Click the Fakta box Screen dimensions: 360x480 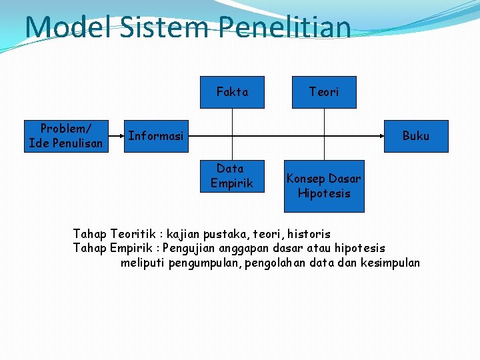coord(232,92)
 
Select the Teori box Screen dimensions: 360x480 coord(323,92)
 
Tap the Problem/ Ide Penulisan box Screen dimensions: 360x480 coord(66,136)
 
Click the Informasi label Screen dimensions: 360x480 coord(155,136)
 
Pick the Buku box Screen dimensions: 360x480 coord(415,136)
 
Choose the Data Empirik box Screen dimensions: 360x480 coord(231,176)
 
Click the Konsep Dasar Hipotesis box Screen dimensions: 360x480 coord(324,186)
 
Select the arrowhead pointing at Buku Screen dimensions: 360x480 coord(381,136)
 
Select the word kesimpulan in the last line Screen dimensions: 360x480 coord(390,262)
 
